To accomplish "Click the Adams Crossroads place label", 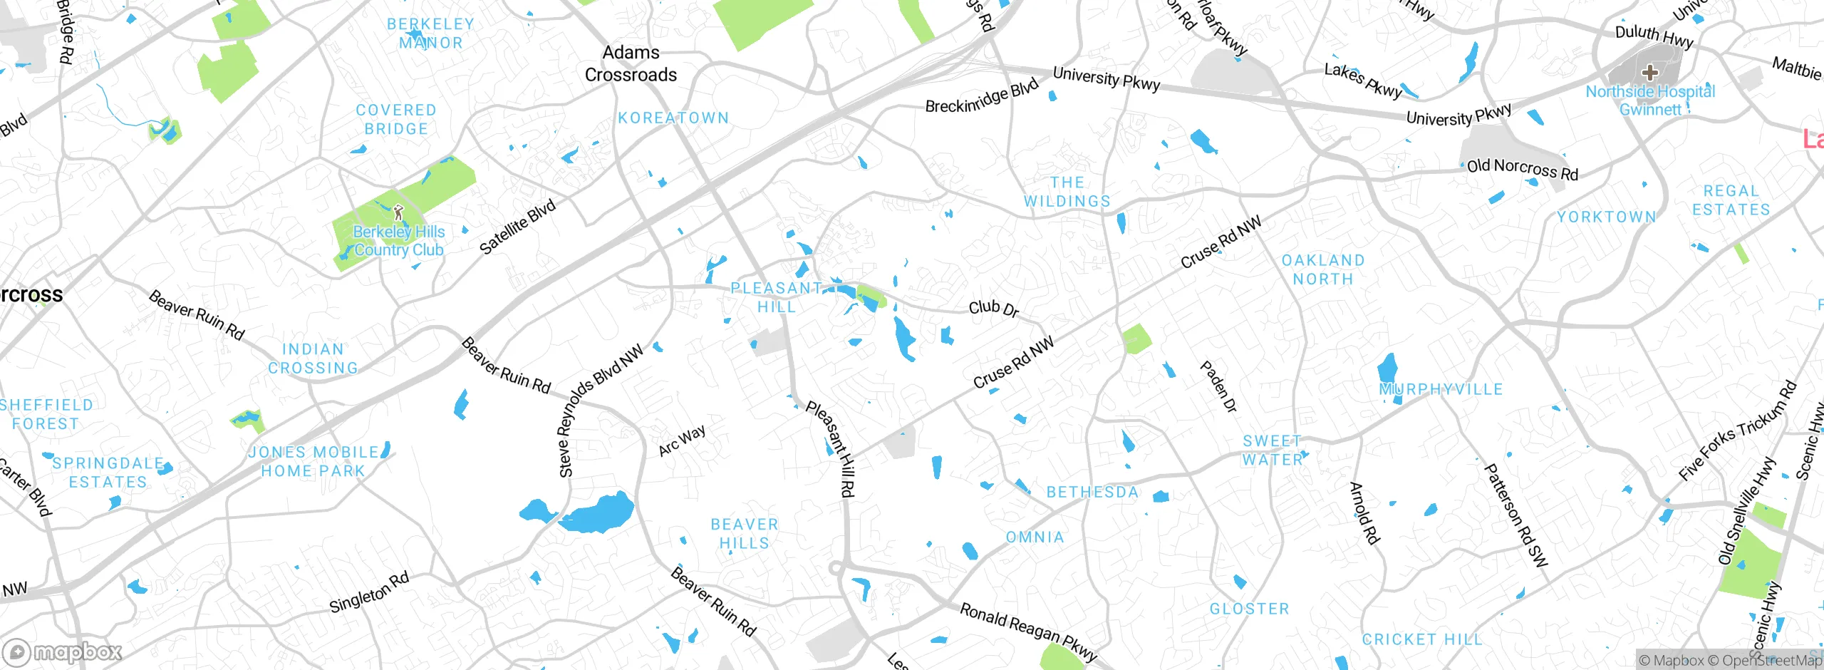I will point(631,63).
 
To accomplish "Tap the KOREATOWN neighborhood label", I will point(673,118).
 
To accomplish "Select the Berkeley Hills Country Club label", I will point(399,241).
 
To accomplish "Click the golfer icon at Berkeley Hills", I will point(398,212).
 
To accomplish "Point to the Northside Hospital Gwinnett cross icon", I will point(1649,72).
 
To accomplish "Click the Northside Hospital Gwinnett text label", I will point(1650,100).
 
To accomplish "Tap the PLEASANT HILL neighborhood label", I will point(777,297).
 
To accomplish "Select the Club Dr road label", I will point(993,308).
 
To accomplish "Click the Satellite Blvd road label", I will point(517,227).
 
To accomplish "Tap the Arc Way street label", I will point(682,440).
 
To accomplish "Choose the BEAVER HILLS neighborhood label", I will point(745,534).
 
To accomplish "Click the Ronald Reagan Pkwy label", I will point(1028,632).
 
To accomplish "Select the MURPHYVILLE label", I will point(1441,390).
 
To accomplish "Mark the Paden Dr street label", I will point(1218,386).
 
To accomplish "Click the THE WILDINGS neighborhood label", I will point(1067,192).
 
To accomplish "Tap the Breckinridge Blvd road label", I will point(981,98).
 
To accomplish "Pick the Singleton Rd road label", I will point(369,592).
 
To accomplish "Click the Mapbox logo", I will point(63,652).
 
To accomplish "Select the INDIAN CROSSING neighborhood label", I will point(313,359).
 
